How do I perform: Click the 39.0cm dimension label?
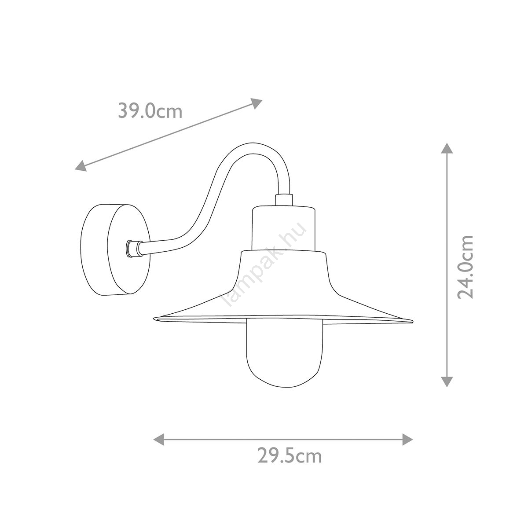(x=150, y=111)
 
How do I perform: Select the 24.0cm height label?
(x=466, y=267)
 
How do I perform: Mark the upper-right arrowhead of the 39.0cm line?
(x=256, y=103)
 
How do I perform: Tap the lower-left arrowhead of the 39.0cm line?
(x=81, y=165)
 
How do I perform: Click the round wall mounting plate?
(x=115, y=249)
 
